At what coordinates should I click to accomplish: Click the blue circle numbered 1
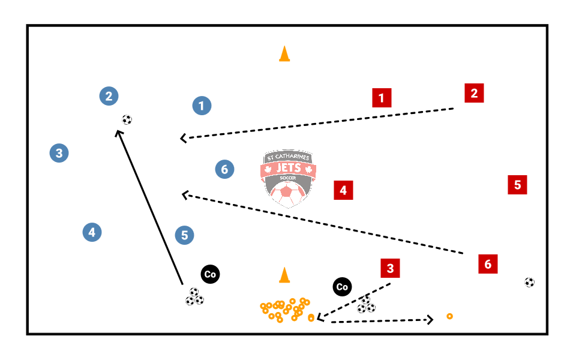pyautogui.click(x=202, y=106)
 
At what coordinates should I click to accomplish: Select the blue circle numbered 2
pyautogui.click(x=109, y=96)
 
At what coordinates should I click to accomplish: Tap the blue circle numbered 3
pyautogui.click(x=59, y=153)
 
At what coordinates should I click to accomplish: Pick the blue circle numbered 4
pyautogui.click(x=92, y=232)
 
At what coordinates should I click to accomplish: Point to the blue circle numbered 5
pyautogui.click(x=185, y=235)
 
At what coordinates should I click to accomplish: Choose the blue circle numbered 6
pyautogui.click(x=224, y=169)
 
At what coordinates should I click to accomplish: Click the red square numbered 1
pyautogui.click(x=382, y=98)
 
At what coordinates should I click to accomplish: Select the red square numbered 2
pyautogui.click(x=474, y=93)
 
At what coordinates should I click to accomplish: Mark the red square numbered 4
pyautogui.click(x=343, y=190)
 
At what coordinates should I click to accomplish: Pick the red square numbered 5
pyautogui.click(x=517, y=184)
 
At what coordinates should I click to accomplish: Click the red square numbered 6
pyautogui.click(x=488, y=263)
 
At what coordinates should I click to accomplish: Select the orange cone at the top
pyautogui.click(x=284, y=54)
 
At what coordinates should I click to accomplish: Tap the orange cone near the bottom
pyautogui.click(x=284, y=275)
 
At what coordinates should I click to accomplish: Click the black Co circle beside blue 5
pyautogui.click(x=210, y=274)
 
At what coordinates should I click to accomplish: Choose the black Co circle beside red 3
pyautogui.click(x=342, y=287)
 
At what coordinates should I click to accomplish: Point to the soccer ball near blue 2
pyautogui.click(x=127, y=119)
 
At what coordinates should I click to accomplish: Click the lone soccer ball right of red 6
pyautogui.click(x=529, y=282)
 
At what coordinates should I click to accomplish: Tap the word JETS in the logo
pyautogui.click(x=288, y=169)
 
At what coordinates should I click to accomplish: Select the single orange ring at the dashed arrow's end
pyautogui.click(x=449, y=316)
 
